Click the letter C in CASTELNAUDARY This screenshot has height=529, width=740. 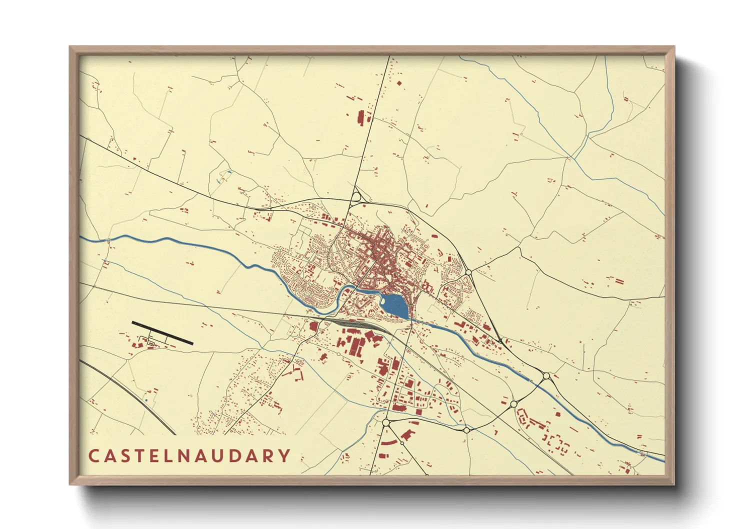click(x=93, y=456)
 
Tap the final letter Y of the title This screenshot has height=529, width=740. click(x=284, y=456)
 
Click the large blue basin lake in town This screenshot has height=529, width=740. click(x=395, y=305)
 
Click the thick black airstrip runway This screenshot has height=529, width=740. click(x=162, y=333)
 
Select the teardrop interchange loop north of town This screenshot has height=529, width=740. click(x=356, y=196)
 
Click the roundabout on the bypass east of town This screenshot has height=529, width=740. click(x=468, y=272)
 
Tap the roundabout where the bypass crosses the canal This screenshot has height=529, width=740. click(x=546, y=375)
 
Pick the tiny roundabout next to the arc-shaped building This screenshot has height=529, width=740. click(x=402, y=443)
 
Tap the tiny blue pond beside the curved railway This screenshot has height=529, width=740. click(x=146, y=400)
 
